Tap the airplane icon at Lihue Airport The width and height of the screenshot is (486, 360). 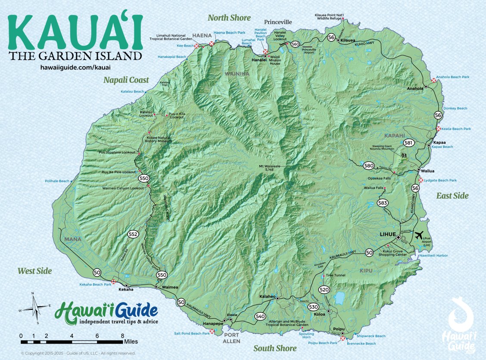[x=418, y=236]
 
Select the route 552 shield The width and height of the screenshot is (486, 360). [x=133, y=234]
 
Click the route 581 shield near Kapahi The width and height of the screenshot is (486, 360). [x=408, y=143]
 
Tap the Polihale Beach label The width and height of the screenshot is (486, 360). [x=57, y=181]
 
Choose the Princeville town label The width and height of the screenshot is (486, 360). [x=278, y=22]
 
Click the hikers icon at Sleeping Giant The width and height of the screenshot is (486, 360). [x=404, y=155]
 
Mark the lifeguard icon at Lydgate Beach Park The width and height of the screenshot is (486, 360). [x=421, y=180]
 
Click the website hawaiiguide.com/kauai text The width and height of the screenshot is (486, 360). [x=75, y=68]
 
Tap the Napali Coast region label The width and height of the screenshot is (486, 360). [x=126, y=80]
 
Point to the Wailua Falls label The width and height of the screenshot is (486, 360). [x=373, y=188]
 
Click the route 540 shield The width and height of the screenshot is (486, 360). [x=259, y=316]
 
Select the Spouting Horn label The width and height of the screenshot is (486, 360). [x=307, y=335]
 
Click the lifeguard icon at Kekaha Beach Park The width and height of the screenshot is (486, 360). [x=114, y=282]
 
